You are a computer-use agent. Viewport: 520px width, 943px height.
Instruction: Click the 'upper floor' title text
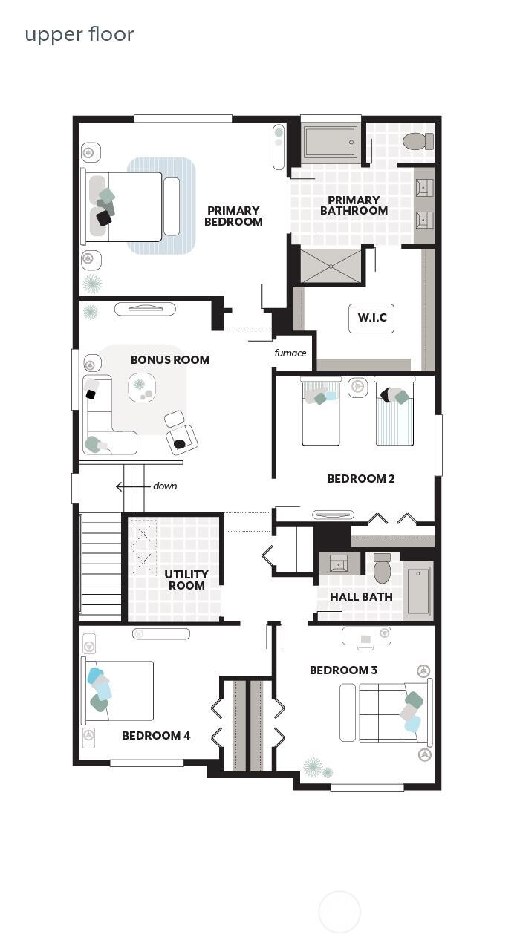(79, 34)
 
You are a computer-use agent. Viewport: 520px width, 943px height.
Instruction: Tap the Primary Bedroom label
(233, 216)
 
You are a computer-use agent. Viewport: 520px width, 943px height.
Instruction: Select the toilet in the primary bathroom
(417, 141)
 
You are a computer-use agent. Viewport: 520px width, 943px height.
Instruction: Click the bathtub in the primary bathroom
(330, 141)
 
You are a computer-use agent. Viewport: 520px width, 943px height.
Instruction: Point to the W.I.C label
(371, 318)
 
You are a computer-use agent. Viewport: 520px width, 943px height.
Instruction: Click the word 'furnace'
(290, 353)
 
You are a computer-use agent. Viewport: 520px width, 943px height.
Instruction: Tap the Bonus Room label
(170, 359)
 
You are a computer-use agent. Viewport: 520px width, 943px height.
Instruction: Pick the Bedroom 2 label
(360, 479)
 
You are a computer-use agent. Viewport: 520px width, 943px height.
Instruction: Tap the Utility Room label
(186, 579)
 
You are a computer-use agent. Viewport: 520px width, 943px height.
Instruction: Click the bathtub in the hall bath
(418, 592)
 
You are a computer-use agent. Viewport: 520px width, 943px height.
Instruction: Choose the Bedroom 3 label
(343, 670)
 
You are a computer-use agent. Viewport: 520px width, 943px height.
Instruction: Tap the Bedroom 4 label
(156, 735)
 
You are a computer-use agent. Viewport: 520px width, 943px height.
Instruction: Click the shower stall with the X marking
(331, 266)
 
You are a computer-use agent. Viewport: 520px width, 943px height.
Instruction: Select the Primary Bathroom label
(354, 205)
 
